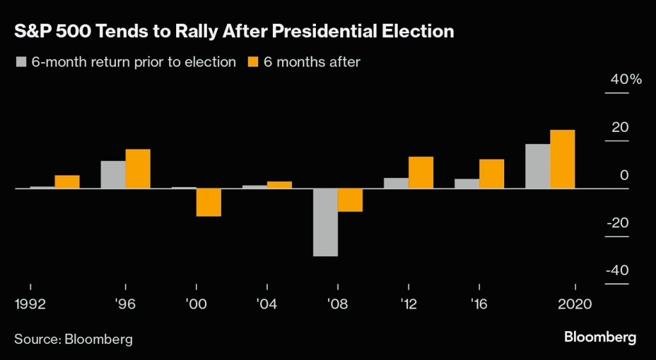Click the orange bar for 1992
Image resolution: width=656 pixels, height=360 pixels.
pos(67,182)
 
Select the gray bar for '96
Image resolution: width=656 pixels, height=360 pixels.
pos(113,175)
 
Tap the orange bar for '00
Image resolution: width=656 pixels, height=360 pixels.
pos(208,202)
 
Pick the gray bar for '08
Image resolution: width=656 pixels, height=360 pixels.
pos(325,222)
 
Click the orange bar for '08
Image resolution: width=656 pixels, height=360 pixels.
pos(350,200)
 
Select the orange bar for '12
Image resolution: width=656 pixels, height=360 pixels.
pos(421,173)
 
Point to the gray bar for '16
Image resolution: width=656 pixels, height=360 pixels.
pos(467,184)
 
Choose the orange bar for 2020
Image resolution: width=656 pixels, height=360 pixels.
pos(562,160)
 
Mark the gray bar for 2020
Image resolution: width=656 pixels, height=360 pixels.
pos(537,167)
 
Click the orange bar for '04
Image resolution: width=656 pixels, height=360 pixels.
pos(279,185)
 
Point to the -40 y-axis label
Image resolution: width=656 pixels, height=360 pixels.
pos(617,270)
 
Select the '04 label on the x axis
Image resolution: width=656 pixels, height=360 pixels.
pos(266,303)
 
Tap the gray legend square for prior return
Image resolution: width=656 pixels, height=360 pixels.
pos(20,62)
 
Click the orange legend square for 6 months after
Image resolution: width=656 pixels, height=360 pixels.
pos(252,62)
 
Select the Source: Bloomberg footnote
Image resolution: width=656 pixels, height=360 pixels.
pos(74,339)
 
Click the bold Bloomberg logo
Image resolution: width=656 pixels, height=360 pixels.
pos(600,337)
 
